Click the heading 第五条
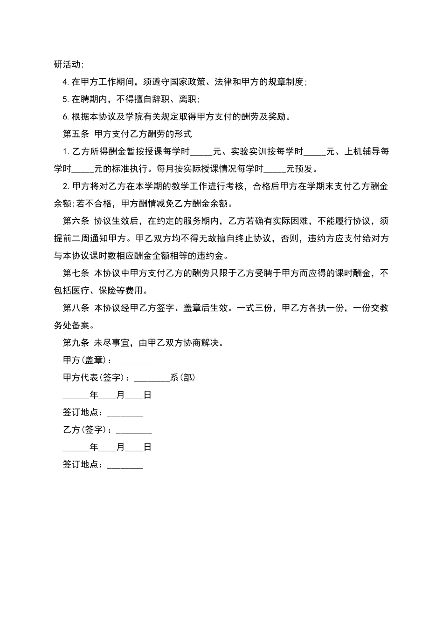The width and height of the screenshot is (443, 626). point(76,134)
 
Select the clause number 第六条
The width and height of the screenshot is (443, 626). point(76,221)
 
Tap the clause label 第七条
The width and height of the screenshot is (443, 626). point(76,273)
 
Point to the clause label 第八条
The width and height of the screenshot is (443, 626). point(76,308)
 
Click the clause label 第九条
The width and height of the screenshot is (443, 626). point(76,343)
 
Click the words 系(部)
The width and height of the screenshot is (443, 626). point(182,378)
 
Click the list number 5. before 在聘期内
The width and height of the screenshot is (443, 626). point(66,99)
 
